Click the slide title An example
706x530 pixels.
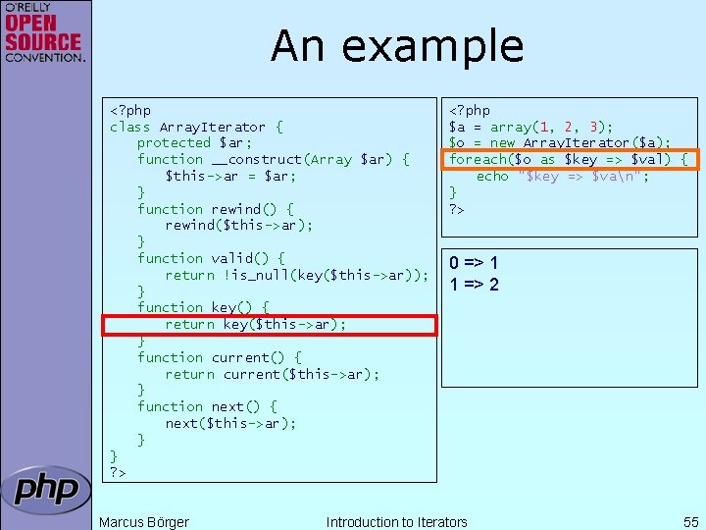coord(397,46)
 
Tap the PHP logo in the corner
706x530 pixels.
coord(46,489)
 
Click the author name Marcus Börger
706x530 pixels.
coord(144,521)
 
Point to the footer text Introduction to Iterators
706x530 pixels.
coord(396,521)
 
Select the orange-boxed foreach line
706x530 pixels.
coord(569,159)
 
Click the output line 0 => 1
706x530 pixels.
coord(475,263)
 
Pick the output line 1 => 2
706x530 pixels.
coord(475,285)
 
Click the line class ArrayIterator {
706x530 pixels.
coord(196,127)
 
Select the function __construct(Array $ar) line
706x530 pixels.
coord(273,159)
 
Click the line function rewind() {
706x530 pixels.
coord(215,209)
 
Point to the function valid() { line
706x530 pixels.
coord(211,258)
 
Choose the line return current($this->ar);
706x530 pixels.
coord(272,374)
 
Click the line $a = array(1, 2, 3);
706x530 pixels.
coord(530,127)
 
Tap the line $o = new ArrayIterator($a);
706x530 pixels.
coord(560,143)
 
